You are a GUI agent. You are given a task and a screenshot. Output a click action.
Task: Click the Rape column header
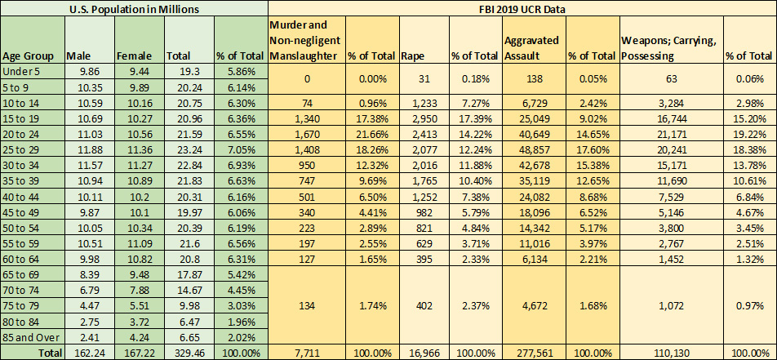[x=410, y=56]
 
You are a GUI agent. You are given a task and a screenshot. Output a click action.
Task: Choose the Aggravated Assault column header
[x=531, y=48]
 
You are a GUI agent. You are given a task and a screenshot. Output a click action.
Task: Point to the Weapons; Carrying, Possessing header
[x=668, y=48]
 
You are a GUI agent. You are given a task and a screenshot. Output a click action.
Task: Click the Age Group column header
[x=28, y=56]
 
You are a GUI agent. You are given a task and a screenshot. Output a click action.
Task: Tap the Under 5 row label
[x=22, y=72]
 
